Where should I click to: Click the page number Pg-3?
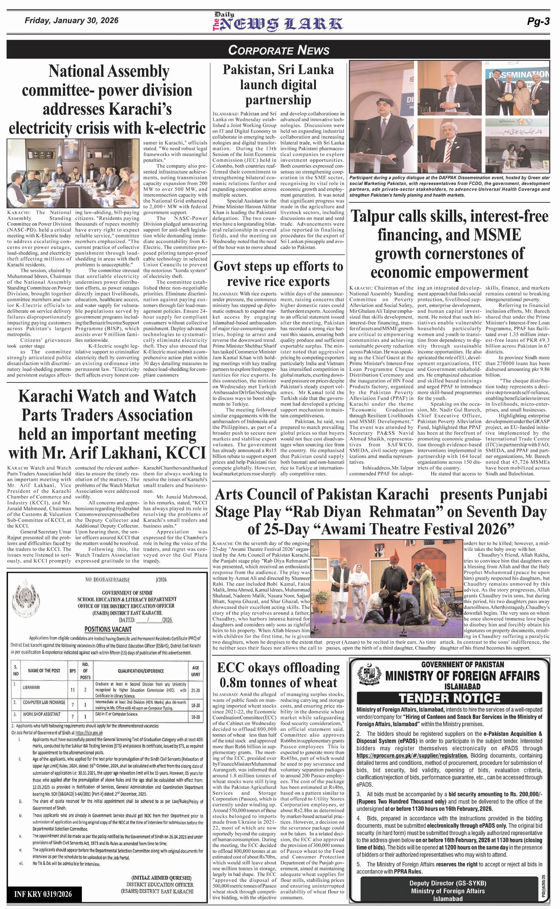tap(538, 22)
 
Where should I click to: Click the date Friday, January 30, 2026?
tap(72, 20)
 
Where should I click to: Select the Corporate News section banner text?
tap(279, 50)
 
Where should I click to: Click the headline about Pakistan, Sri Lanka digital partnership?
tap(278, 84)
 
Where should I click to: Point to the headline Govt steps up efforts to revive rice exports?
tap(278, 273)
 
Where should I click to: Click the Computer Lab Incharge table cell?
tap(44, 702)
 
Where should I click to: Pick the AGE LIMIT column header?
tap(196, 671)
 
